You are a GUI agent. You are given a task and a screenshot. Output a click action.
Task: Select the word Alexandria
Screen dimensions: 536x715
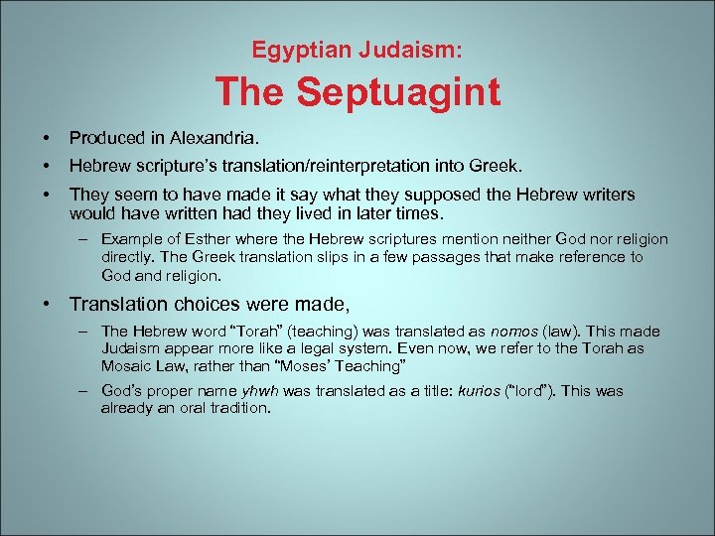tap(210, 136)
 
